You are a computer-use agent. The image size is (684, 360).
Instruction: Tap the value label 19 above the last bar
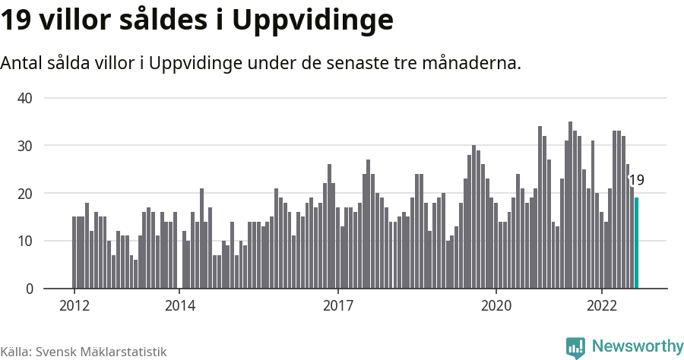pos(636,180)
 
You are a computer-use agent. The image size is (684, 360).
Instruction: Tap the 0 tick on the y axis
pos(29,289)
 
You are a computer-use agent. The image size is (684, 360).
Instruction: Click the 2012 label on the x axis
pos(74,306)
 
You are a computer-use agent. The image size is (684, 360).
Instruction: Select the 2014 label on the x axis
pos(179,306)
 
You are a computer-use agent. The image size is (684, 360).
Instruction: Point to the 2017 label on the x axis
pos(337,306)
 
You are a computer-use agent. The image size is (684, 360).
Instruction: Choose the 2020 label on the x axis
pos(496,306)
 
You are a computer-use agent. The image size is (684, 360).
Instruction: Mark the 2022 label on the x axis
pos(601,306)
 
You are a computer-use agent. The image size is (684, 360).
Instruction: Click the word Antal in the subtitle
pos(23,63)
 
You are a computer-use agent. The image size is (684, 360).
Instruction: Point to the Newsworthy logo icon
pos(575,347)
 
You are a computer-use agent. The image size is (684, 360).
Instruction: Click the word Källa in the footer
pos(16,352)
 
